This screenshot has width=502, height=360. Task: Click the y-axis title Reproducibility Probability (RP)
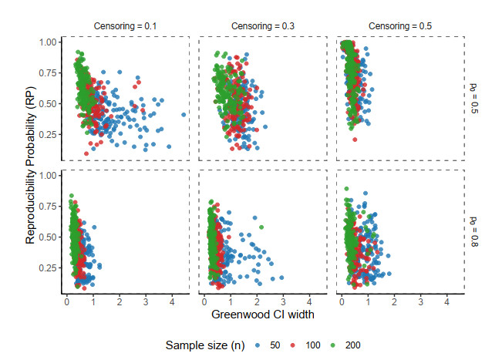tap(31, 165)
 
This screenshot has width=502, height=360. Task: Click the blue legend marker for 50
tap(257, 345)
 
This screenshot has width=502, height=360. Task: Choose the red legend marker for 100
tap(295, 345)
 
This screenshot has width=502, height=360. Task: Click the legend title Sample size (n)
tap(204, 345)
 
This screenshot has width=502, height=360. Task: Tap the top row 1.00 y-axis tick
tap(48, 42)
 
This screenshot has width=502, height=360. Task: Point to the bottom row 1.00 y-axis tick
tap(48, 175)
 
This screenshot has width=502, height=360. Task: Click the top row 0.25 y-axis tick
tap(48, 134)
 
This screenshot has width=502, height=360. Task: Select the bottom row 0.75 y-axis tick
tap(48, 206)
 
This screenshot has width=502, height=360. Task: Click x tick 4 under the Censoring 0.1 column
tap(172, 301)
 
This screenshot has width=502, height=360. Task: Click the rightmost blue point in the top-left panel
tap(184, 115)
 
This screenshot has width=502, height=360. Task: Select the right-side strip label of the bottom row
tap(473, 231)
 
